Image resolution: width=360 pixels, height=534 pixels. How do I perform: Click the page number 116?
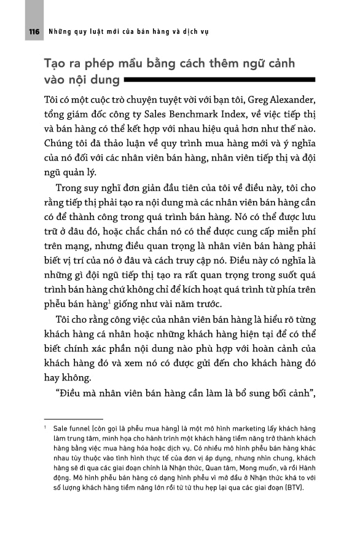(x=34, y=30)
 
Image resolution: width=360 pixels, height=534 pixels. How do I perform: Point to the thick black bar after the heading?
(x=219, y=80)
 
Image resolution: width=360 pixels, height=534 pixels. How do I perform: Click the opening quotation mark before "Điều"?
(x=58, y=391)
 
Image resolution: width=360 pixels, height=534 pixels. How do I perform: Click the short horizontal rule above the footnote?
(x=69, y=419)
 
